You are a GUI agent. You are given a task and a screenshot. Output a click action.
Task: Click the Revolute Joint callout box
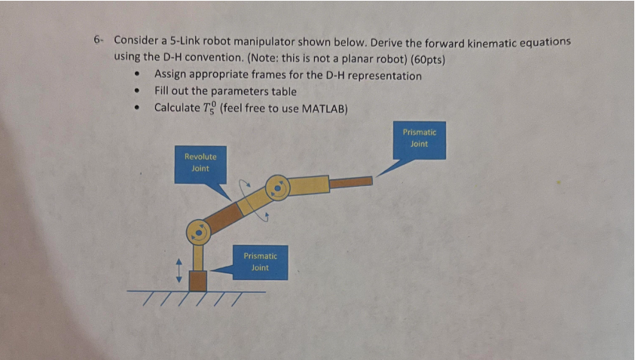coord(200,163)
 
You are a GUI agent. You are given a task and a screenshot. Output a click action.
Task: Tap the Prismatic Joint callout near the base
coord(260,261)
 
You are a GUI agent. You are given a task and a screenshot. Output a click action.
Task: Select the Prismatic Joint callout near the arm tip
coord(420,139)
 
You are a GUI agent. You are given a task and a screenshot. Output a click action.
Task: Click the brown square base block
coord(197,281)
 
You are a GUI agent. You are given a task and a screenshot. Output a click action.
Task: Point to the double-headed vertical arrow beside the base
coord(179,267)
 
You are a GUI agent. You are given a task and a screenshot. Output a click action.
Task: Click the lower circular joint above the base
coord(198,233)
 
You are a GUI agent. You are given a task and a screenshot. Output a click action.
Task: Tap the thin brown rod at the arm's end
coord(351,182)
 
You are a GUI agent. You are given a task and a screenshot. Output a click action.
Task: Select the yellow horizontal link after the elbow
coord(309,184)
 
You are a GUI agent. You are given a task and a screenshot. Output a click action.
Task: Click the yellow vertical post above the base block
coord(197,258)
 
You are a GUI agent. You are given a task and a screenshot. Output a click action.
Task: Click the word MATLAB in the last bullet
coord(323,108)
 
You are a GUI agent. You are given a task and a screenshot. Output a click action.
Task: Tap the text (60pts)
coord(425,57)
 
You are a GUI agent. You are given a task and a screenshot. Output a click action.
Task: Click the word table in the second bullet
coord(283,91)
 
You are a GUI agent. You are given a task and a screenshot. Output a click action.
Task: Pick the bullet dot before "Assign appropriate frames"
coord(137,76)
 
